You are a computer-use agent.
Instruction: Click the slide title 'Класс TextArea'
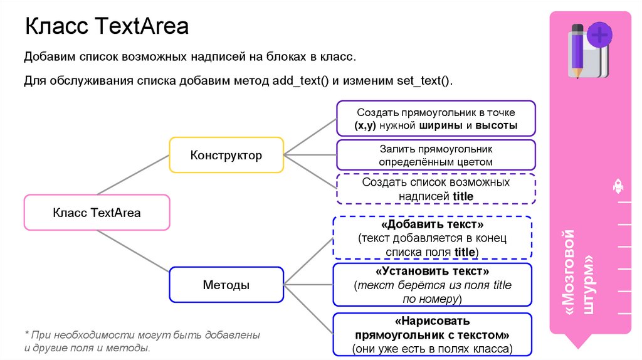(x=107, y=27)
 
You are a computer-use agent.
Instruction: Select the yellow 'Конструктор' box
(x=226, y=155)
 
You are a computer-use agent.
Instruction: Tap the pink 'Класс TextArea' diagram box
(x=97, y=213)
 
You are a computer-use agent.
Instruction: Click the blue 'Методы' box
(x=226, y=285)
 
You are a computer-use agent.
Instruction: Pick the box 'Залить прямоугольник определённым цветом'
(x=436, y=155)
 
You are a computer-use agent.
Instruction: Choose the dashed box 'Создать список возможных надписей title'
(x=436, y=189)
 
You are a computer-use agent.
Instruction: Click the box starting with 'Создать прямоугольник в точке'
(x=436, y=119)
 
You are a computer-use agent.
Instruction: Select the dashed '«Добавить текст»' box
(x=432, y=238)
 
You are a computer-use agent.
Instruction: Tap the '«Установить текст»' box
(x=432, y=285)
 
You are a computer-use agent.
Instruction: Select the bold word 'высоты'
(x=496, y=125)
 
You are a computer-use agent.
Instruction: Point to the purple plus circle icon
(x=600, y=35)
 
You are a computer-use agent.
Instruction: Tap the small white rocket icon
(x=617, y=186)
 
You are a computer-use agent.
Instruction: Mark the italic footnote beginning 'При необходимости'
(x=142, y=341)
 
